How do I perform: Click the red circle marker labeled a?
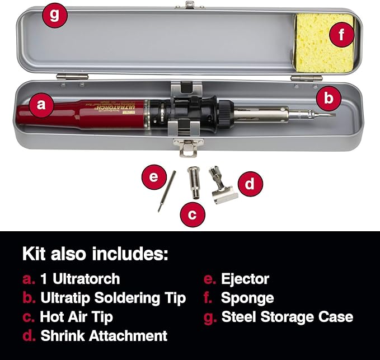pyautogui.click(x=40, y=105)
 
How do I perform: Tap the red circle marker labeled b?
pyautogui.click(x=329, y=99)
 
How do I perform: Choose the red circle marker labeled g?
pyautogui.click(x=54, y=15)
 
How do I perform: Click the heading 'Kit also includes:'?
pyautogui.click(x=95, y=253)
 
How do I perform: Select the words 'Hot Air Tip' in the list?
pyautogui.click(x=76, y=316)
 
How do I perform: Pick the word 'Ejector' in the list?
pyautogui.click(x=245, y=279)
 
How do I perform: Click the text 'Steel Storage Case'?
pyautogui.click(x=287, y=316)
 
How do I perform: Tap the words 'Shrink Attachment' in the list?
pyautogui.click(x=104, y=335)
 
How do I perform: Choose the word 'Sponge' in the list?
pyautogui.click(x=247, y=297)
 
